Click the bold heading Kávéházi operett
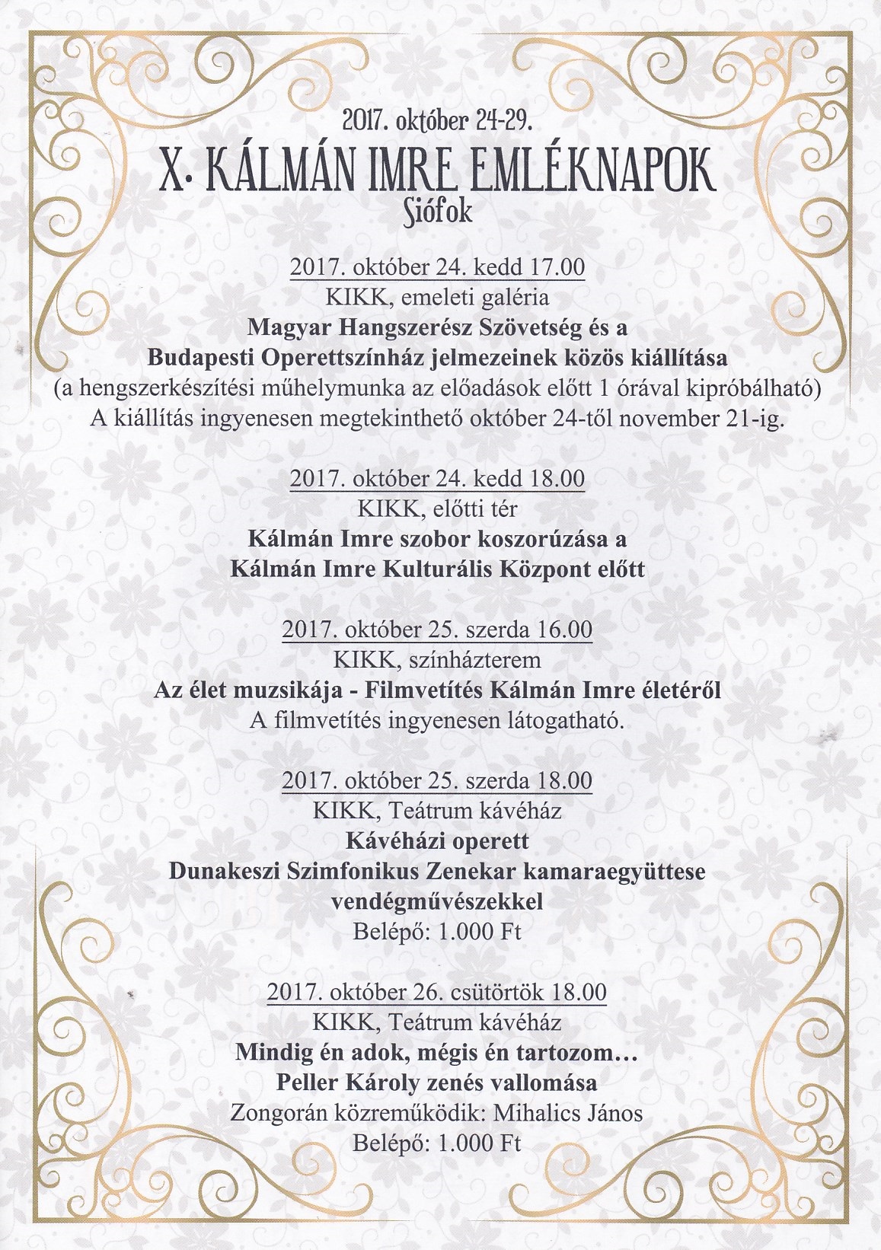(x=436, y=842)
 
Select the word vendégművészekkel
(x=436, y=902)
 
